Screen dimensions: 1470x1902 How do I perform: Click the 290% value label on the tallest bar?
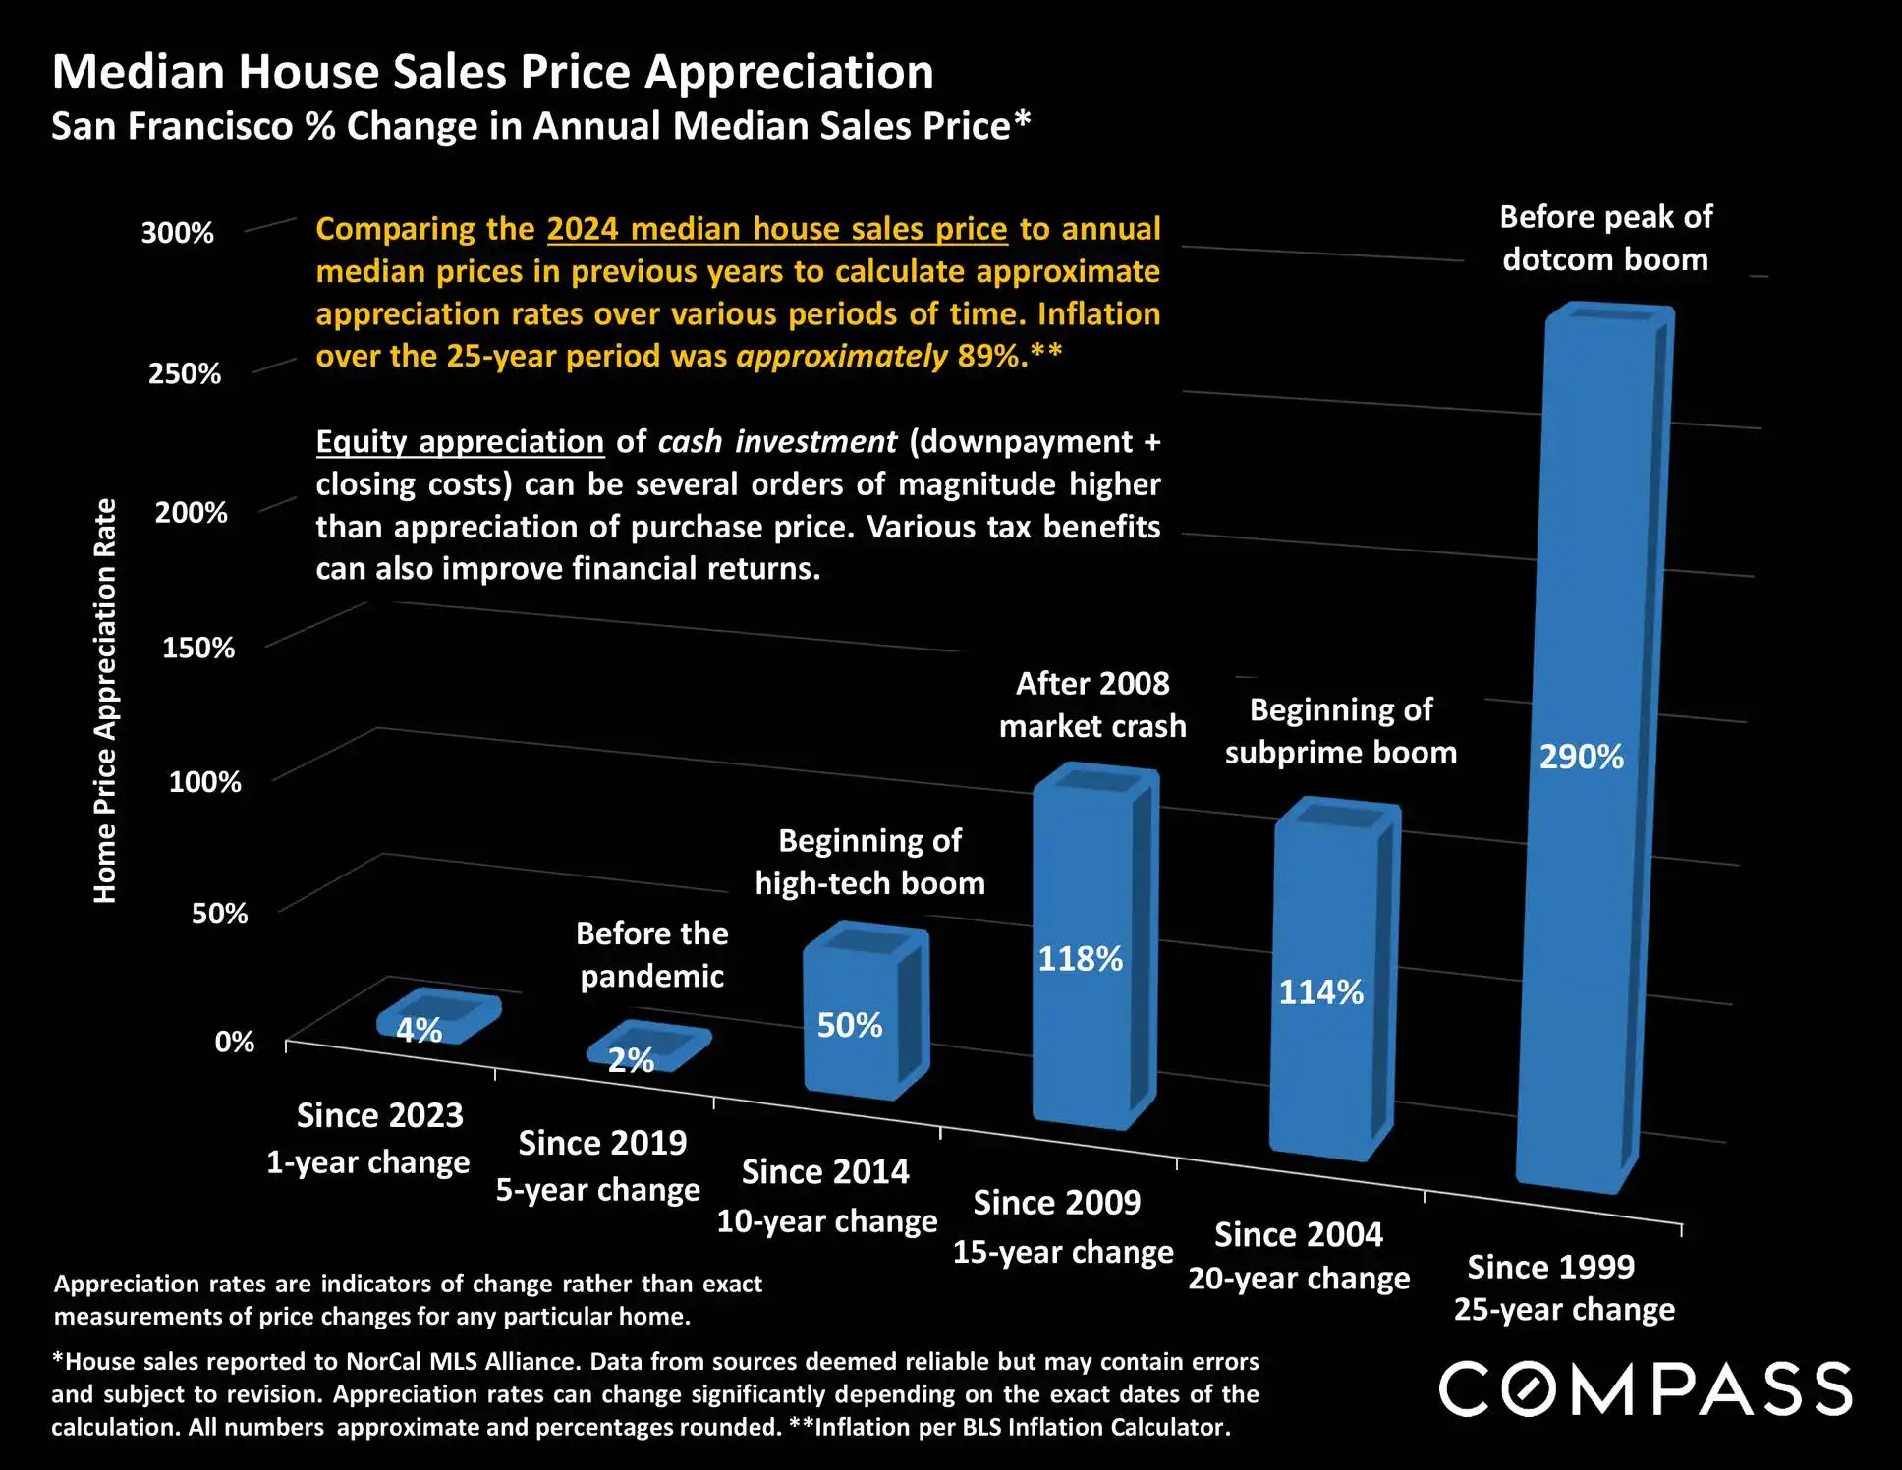coord(1581,757)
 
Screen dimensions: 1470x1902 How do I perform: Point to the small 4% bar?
coord(439,1016)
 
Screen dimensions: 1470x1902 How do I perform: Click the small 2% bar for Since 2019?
coord(648,1046)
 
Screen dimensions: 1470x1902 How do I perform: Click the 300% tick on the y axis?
coord(177,233)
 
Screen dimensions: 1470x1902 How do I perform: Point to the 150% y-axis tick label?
coord(198,648)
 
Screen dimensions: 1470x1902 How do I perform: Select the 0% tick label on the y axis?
coord(235,1042)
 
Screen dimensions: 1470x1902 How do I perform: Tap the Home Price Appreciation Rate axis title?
coord(105,701)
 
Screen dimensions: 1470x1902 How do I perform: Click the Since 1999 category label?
coord(1550,1268)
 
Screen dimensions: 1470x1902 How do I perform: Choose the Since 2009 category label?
coord(1057,1203)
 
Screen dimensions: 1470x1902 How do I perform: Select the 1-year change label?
coord(368,1162)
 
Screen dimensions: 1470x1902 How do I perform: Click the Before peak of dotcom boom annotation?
coord(1605,239)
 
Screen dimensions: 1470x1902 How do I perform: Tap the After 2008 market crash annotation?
coord(1092,705)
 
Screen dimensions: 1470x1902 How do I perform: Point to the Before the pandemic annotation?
coord(652,954)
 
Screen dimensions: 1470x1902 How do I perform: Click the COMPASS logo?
coord(1646,1388)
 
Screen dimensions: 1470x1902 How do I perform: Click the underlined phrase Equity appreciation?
coord(460,442)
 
